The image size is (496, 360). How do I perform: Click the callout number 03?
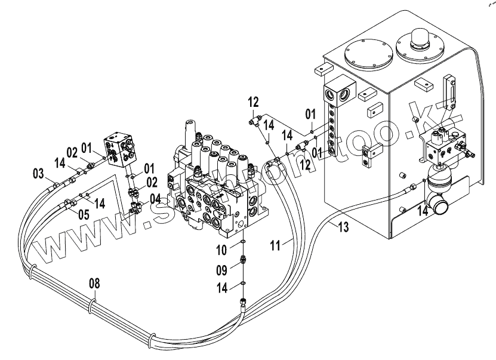click(38, 174)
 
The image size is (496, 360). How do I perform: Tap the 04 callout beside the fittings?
click(155, 198)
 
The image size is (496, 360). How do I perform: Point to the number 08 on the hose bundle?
click(95, 282)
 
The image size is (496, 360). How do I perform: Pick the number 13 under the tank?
click(342, 226)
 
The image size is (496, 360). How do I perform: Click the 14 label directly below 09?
click(221, 288)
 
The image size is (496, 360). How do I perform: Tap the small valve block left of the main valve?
click(124, 149)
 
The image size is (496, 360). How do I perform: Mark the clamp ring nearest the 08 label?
click(91, 306)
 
